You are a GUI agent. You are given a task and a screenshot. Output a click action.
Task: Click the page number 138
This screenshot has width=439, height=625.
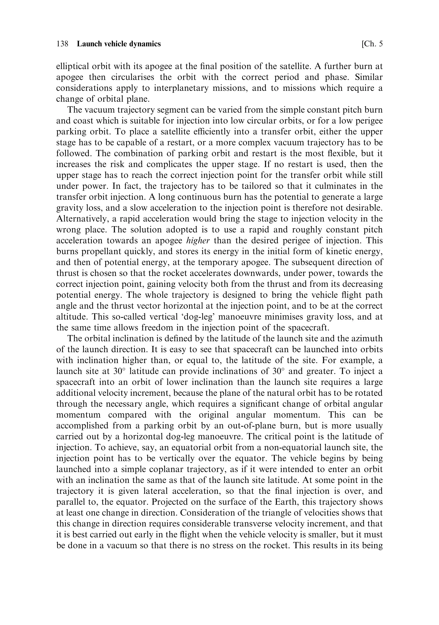[x=62, y=44]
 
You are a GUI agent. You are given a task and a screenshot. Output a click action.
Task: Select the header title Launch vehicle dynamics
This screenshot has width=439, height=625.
[x=119, y=44]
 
